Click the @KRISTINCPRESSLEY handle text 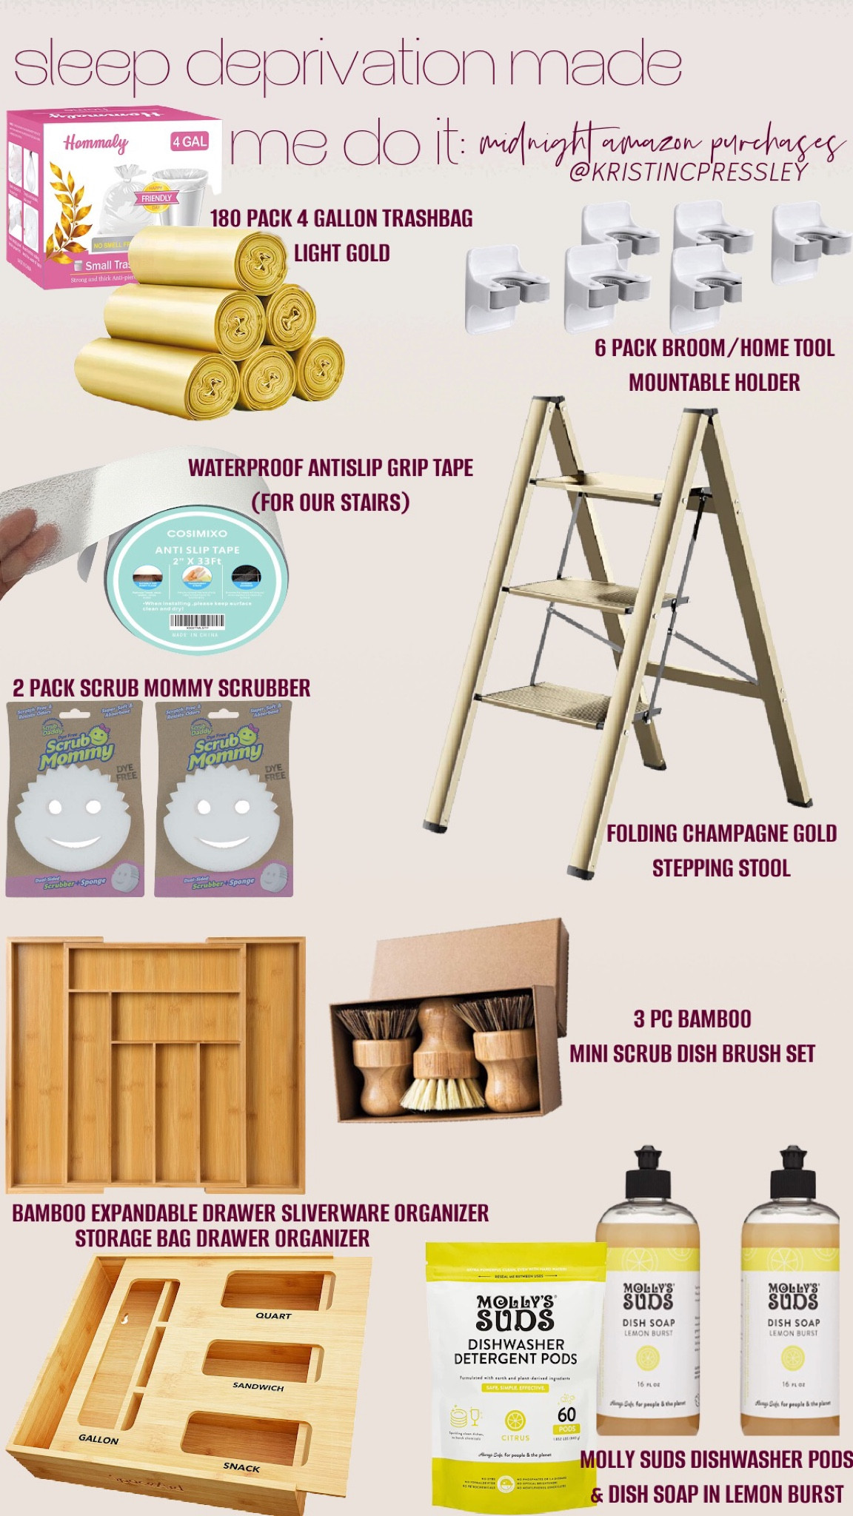pyautogui.click(x=688, y=172)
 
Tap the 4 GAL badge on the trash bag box pyautogui.click(x=190, y=141)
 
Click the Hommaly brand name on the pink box pyautogui.click(x=96, y=143)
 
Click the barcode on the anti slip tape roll pyautogui.click(x=197, y=620)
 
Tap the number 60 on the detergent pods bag pyautogui.click(x=566, y=1414)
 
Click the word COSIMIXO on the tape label pyautogui.click(x=197, y=533)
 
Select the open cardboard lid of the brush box pyautogui.click(x=474, y=954)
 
